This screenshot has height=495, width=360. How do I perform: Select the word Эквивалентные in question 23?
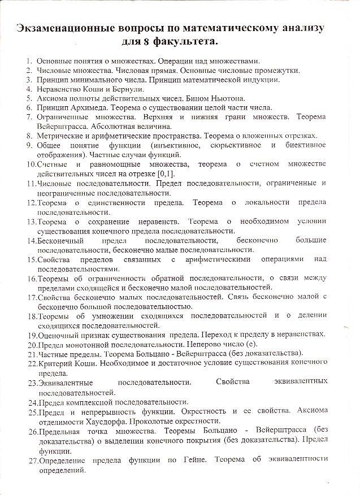click(x=66, y=383)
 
